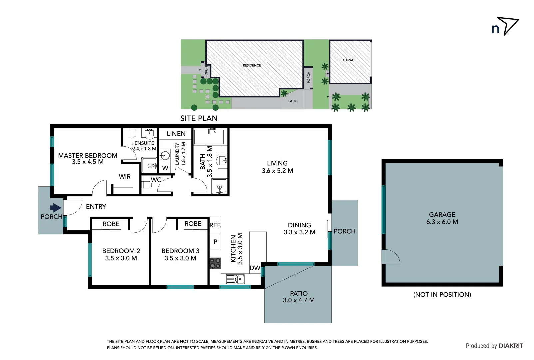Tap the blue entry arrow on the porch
(56, 208)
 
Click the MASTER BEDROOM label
(88, 156)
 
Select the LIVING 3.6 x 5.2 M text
(277, 167)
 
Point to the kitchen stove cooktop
(215, 263)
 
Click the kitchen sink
(235, 279)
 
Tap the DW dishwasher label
(255, 268)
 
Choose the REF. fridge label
(215, 225)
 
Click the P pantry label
(215, 242)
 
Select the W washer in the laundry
(165, 168)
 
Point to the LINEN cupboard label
(176, 134)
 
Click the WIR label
(125, 177)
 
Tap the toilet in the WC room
(146, 185)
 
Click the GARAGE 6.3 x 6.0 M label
(442, 218)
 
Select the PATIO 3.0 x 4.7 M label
(299, 297)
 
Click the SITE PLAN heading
(199, 118)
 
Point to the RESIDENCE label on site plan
(252, 65)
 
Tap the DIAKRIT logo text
(511, 346)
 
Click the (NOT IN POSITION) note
(442, 294)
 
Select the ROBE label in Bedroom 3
(193, 224)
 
